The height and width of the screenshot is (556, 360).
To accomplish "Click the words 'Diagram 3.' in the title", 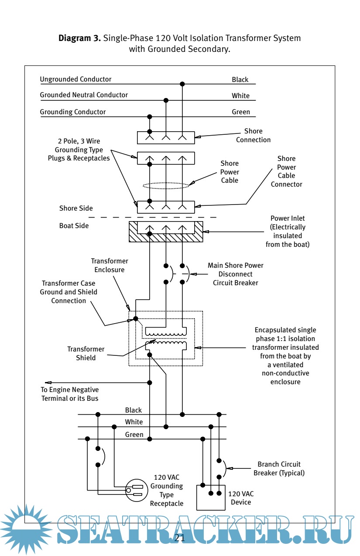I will click(80, 38).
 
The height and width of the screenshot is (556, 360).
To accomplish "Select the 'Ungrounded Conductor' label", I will click(75, 79).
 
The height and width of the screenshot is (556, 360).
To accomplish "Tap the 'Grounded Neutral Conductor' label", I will click(84, 95).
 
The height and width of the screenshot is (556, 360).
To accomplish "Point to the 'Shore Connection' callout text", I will click(253, 135).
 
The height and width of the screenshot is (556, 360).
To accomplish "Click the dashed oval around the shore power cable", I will click(166, 185).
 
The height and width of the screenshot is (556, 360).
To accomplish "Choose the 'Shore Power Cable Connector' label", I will click(286, 171).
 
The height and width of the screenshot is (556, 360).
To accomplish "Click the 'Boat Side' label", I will click(74, 226).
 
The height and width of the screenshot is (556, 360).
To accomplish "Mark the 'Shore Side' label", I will click(76, 208).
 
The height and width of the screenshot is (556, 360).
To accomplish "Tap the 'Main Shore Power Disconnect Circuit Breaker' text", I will click(235, 274).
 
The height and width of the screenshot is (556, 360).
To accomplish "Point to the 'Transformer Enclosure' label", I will click(110, 265).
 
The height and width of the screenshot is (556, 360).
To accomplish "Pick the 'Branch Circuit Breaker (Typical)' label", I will click(279, 469).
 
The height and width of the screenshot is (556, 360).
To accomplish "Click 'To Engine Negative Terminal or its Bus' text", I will click(70, 394).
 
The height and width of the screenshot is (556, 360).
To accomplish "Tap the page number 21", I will click(179, 537).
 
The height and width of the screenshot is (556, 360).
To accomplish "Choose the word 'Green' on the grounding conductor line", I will click(241, 112).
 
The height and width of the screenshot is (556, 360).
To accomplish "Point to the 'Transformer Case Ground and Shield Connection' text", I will click(69, 292).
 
